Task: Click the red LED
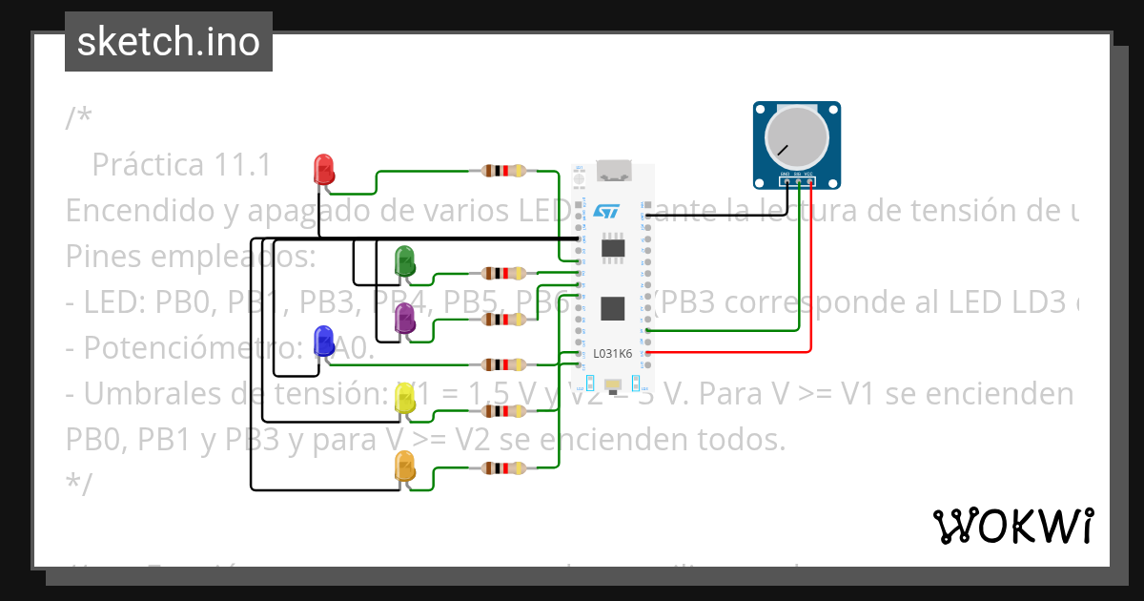coord(324,169)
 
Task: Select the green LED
coord(404,260)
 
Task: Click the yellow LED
coord(405,399)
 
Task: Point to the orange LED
coord(405,466)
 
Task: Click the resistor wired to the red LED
coord(503,171)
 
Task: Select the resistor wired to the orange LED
coord(503,468)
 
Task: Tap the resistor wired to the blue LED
coord(503,364)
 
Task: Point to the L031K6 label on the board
coord(612,353)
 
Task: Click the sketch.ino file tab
coord(169,42)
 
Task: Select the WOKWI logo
coord(1012,526)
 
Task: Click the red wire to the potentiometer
coord(810,286)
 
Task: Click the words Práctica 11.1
coord(181,165)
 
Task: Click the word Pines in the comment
coord(104,257)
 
